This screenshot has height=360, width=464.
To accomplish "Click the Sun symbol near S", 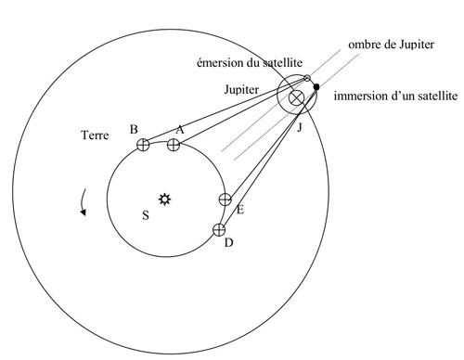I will (165, 198).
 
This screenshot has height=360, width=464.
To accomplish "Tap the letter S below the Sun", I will (145, 215).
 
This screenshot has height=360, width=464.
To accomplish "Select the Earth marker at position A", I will (174, 144).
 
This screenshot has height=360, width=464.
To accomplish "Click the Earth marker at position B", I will (143, 144).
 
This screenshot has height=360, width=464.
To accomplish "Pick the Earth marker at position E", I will (225, 199).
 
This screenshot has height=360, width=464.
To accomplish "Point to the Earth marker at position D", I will (219, 229).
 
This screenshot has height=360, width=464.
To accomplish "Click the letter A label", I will (179, 131).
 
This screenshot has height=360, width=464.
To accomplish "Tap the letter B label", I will (135, 129).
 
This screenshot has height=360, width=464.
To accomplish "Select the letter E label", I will (239, 211).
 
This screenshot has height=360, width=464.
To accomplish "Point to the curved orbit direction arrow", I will (84, 200).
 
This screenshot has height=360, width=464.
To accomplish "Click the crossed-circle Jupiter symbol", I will (296, 97).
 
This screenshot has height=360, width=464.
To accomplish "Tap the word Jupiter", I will (244, 90).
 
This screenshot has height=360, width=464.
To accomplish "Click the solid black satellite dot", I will (316, 87).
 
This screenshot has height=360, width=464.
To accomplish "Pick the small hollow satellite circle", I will (307, 79).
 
